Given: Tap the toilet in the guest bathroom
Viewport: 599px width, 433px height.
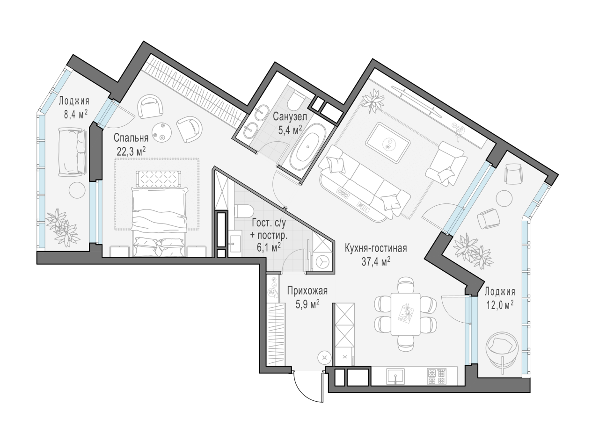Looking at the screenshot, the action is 244,211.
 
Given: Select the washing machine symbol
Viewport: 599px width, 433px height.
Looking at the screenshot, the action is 322,263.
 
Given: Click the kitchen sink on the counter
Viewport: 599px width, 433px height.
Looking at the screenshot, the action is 396,377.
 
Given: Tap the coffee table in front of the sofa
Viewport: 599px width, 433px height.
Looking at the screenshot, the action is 388,143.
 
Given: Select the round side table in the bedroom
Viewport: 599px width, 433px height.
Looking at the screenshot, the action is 162,132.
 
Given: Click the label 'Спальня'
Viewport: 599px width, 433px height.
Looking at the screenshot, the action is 131,138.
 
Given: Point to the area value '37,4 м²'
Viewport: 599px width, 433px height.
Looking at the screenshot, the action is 375,262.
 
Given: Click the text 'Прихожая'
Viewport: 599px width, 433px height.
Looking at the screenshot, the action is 307,290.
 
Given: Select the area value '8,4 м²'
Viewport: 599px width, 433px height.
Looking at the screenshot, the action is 75,115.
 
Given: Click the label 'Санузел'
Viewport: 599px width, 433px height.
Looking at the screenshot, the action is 290,117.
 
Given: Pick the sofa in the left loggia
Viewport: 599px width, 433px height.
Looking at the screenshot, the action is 73,152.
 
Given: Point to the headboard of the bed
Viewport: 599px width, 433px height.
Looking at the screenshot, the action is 158,179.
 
